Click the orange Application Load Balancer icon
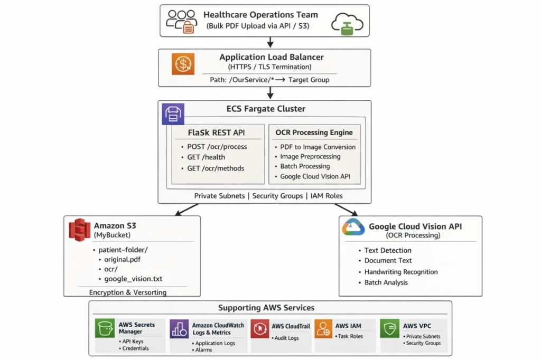(x=183, y=64)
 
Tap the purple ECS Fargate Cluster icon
(x=173, y=114)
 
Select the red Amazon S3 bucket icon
(x=79, y=230)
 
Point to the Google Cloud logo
(x=353, y=227)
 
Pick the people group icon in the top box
(x=182, y=22)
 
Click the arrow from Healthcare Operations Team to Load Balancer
(x=270, y=42)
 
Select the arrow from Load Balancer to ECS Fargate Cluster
(x=270, y=93)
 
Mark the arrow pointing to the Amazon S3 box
(x=186, y=210)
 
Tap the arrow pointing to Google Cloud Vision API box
(x=346, y=210)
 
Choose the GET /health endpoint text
(x=206, y=157)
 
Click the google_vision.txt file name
(x=133, y=279)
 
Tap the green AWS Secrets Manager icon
(x=105, y=328)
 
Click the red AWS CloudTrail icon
(x=260, y=328)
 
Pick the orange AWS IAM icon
(x=323, y=328)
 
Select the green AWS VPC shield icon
(x=389, y=328)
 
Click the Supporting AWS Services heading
(x=266, y=308)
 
